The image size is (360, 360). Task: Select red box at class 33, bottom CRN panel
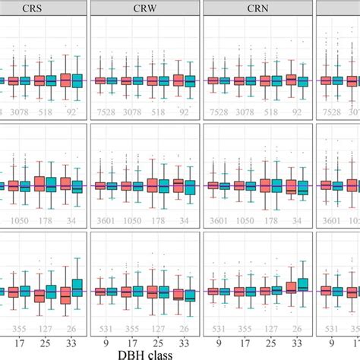tap(291, 288)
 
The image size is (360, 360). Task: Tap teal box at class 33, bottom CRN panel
tap(303, 284)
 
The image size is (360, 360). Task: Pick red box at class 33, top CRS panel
tap(65, 80)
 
